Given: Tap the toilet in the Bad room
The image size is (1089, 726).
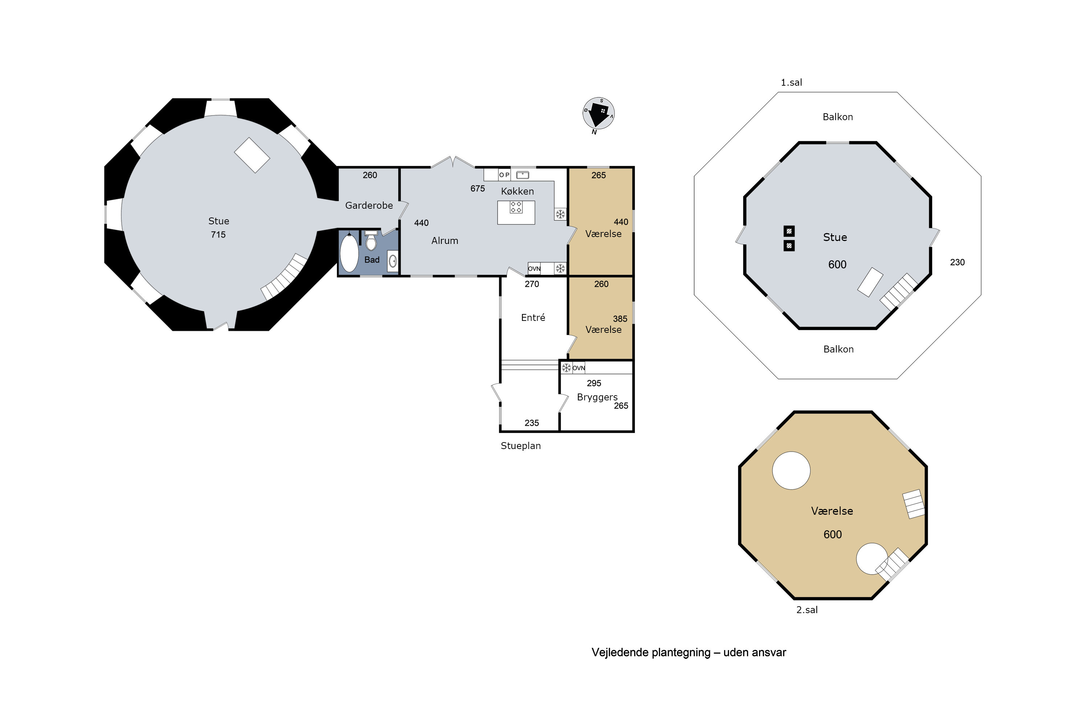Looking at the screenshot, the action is tap(371, 240).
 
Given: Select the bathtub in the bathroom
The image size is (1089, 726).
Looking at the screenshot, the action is tap(349, 253).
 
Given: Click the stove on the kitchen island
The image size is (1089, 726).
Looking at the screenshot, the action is tap(516, 207).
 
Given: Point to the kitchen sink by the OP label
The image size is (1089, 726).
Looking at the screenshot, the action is tap(523, 175).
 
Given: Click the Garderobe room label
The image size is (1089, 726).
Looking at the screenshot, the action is tap(369, 205).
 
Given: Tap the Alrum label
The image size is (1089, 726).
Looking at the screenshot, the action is tap(444, 241).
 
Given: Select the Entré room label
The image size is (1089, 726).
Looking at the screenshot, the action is tap(533, 318).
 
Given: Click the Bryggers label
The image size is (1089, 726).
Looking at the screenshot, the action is tap(597, 397).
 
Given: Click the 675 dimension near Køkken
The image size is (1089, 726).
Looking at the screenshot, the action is tap(477, 188).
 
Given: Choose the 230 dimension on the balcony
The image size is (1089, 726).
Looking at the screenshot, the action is tap(957, 262).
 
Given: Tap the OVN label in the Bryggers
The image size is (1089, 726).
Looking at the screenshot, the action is tap(579, 368).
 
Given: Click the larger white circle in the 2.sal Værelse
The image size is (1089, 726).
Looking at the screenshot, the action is tap(791, 470).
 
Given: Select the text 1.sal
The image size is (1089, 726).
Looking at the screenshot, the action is tap(791, 82).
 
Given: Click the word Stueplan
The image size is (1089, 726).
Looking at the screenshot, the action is tap(521, 446).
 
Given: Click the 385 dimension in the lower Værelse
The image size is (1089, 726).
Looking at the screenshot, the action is tap(620, 319).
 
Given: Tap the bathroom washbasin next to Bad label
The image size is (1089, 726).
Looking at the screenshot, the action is tap(393, 261).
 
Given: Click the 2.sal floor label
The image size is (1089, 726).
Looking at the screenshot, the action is tap(807, 610).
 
